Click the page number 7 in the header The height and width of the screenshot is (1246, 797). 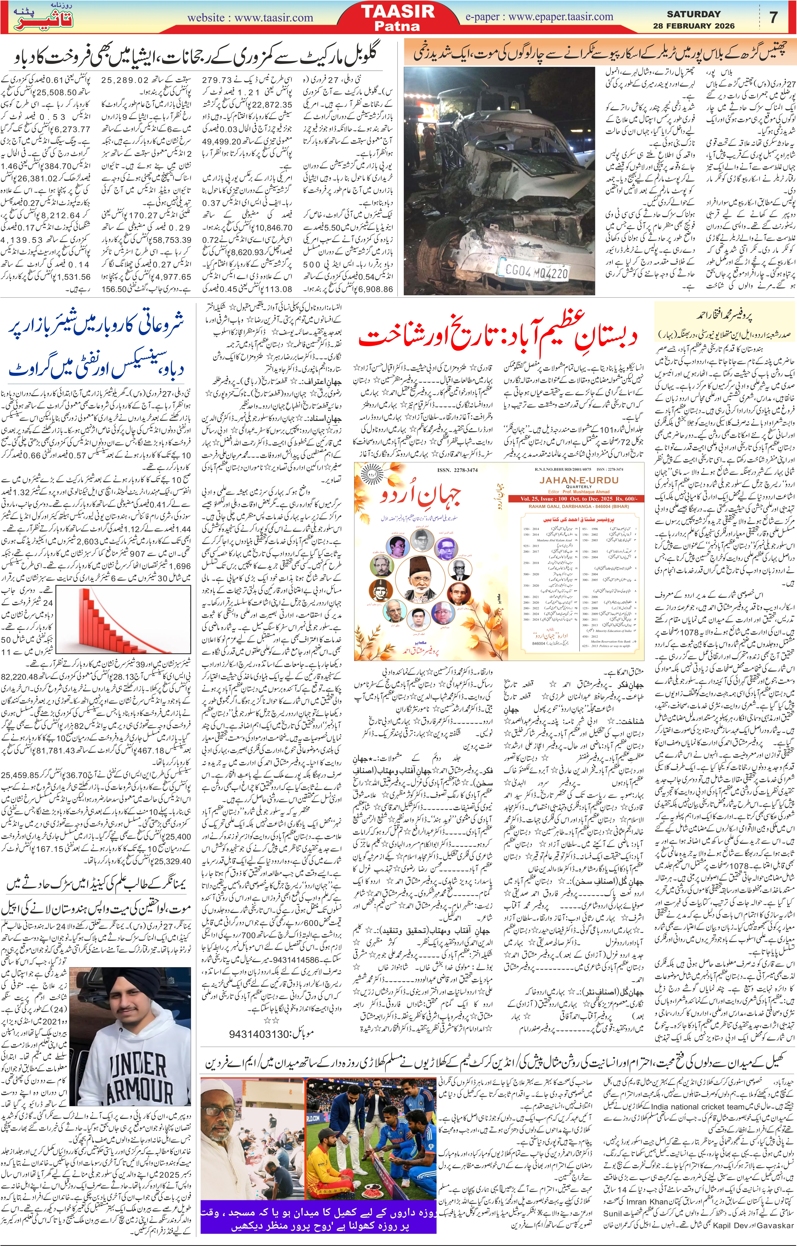coord(774,17)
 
